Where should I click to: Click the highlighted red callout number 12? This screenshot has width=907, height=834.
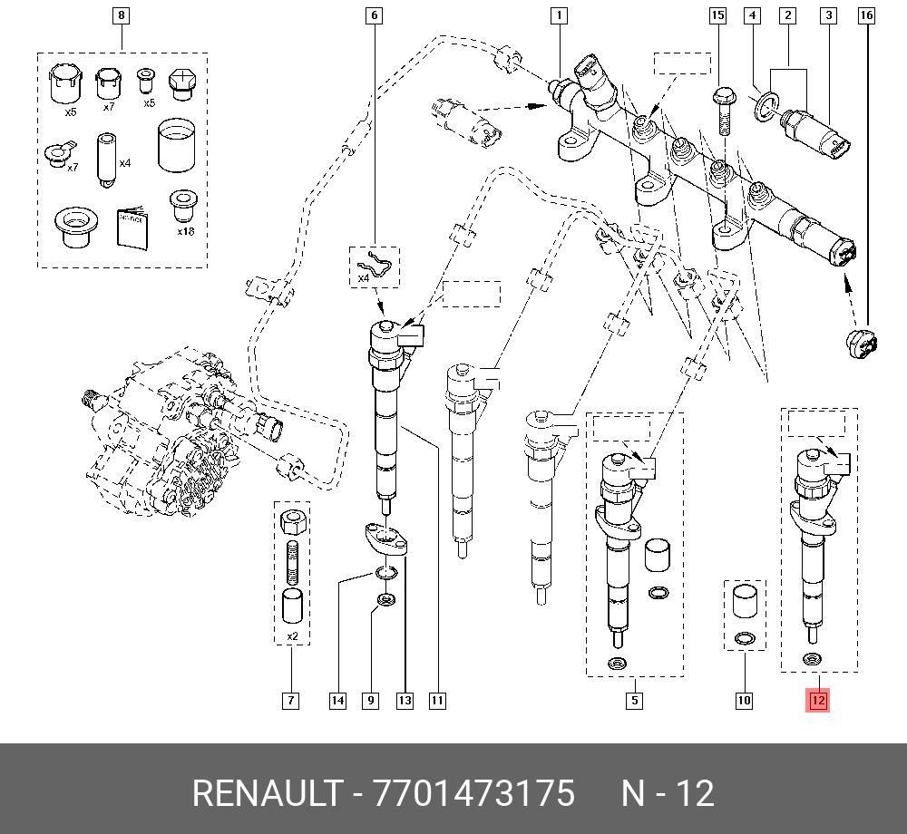click(817, 700)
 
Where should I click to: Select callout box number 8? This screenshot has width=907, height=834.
click(122, 15)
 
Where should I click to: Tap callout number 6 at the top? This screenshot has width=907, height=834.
click(374, 15)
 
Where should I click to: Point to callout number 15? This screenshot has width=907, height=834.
click(717, 15)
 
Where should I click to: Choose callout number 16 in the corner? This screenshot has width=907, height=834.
click(866, 15)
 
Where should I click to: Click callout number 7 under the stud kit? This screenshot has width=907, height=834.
click(290, 700)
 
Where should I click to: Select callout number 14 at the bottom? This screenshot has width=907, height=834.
click(337, 700)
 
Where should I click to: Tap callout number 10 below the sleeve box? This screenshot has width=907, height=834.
click(744, 700)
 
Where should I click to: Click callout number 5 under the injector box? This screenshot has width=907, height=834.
click(634, 700)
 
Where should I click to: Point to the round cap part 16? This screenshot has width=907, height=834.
click(859, 345)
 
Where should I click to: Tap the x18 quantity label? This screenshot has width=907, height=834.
click(185, 232)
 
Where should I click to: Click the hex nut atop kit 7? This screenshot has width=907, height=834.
click(292, 523)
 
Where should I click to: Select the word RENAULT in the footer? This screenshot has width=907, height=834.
click(266, 794)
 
